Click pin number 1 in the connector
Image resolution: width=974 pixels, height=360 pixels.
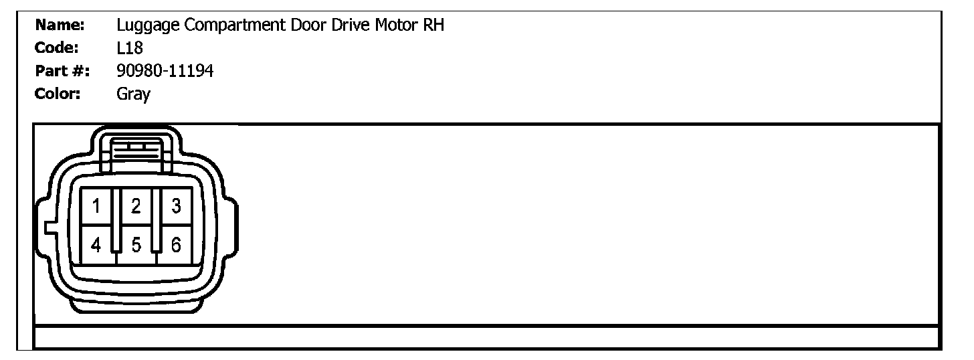click(x=96, y=206)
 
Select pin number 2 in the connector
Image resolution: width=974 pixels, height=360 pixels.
click(x=136, y=206)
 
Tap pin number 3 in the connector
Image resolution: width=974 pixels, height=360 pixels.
click(x=175, y=206)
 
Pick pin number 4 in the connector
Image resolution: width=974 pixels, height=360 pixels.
click(x=96, y=246)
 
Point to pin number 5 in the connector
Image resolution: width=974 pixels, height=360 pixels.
click(x=136, y=246)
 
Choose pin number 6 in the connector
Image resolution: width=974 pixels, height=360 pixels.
click(x=175, y=246)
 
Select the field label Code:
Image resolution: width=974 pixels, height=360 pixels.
click(x=58, y=48)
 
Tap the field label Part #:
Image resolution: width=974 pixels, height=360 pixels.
click(x=63, y=71)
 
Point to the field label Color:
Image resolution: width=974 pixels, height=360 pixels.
click(x=58, y=94)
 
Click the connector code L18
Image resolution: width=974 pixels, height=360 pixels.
click(x=129, y=48)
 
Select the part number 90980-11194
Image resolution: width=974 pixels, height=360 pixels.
click(x=165, y=71)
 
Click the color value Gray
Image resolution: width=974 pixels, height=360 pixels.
click(x=133, y=94)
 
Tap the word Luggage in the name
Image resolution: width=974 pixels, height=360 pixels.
click(x=143, y=27)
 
